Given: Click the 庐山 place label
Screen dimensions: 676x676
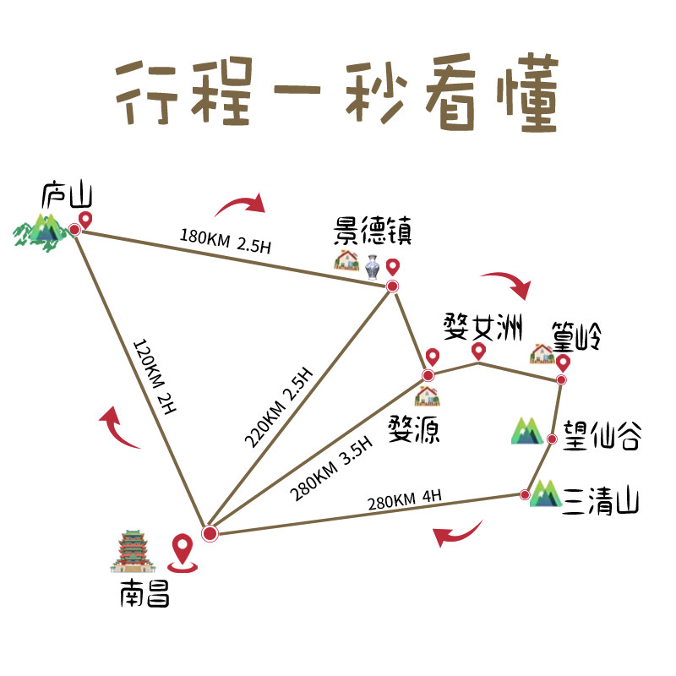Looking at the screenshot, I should coord(66,197).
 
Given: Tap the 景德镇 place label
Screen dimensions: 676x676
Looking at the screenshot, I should coord(373,232).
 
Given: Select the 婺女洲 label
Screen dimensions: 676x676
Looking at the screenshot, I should coord(483,326).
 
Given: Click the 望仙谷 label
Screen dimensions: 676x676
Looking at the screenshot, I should coord(602,439).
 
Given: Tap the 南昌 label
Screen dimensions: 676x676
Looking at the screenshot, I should coord(144,596).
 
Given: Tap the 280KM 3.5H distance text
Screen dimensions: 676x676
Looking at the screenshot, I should coord(333,469).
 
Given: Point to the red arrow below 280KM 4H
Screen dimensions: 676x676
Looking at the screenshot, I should coord(456,534).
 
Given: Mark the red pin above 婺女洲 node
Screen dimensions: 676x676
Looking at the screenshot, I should coord(478,350).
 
